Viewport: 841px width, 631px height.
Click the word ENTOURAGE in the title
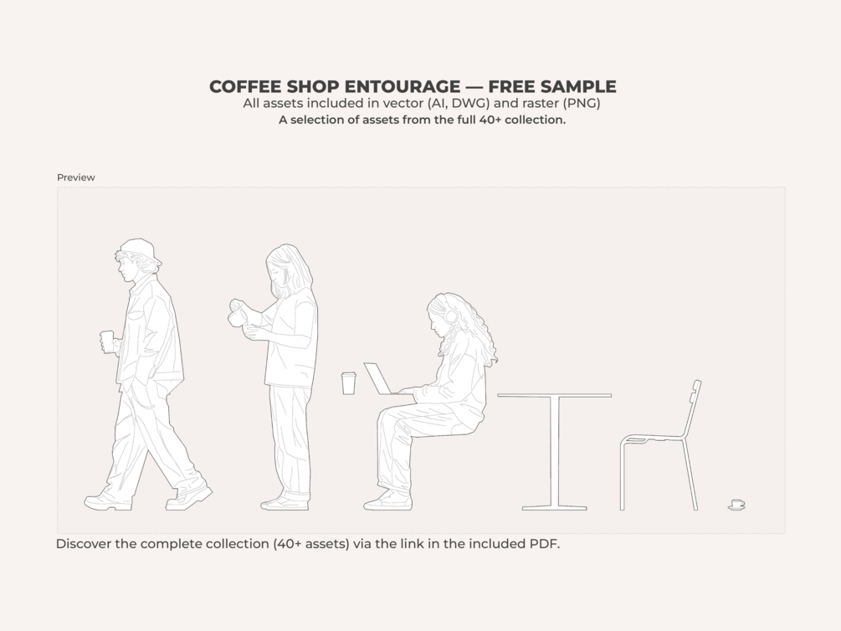402,86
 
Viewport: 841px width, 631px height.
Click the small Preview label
75,177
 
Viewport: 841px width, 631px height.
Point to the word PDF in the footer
545,543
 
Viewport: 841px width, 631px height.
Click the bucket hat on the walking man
141,251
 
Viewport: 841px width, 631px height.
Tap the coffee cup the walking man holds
107,341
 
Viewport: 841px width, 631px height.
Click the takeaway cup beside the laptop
349,383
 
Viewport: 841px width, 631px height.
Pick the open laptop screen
377,378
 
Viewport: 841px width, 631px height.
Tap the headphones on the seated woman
451,315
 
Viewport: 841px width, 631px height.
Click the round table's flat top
554,396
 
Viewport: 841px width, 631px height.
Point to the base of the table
555,508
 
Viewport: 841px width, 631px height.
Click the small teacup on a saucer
737,505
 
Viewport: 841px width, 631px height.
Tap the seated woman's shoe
387,501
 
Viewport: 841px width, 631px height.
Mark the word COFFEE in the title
245,86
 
